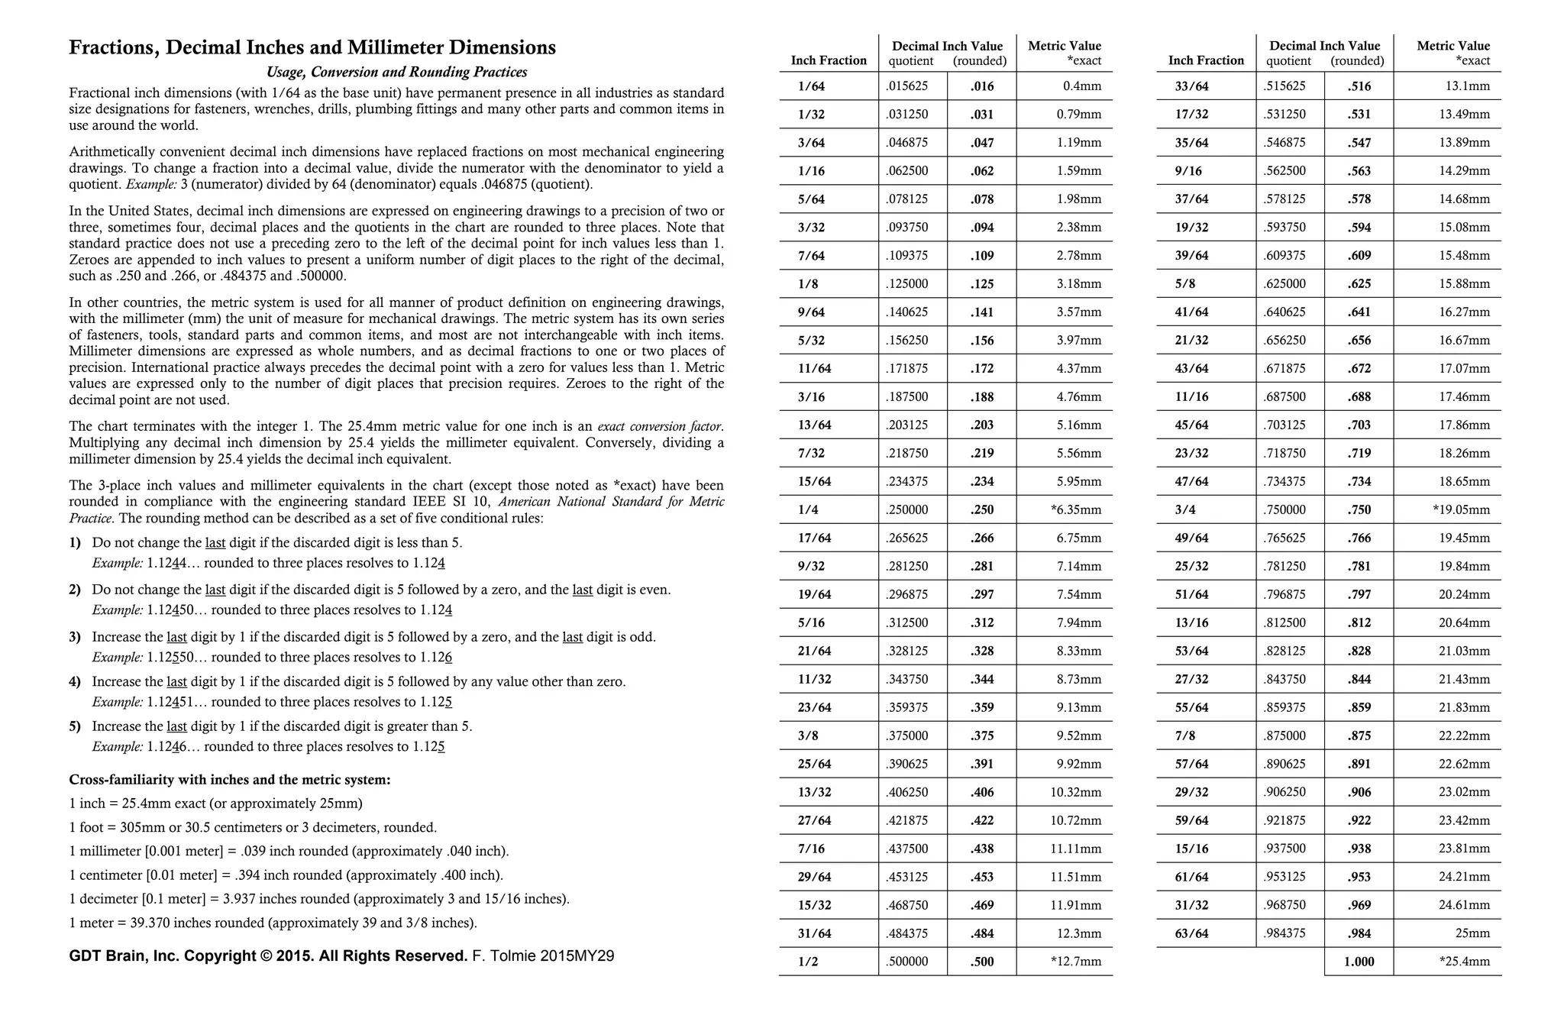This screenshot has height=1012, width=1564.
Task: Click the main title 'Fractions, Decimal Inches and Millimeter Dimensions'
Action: [312, 47]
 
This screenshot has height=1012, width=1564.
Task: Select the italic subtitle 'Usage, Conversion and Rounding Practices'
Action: [396, 73]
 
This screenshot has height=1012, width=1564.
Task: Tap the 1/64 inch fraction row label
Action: [811, 86]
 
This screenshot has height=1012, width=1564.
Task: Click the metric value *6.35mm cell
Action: [1075, 509]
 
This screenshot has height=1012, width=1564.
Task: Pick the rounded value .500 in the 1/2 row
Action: [982, 962]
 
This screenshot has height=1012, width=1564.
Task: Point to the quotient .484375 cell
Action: [907, 933]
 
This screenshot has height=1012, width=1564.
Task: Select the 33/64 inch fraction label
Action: [1191, 86]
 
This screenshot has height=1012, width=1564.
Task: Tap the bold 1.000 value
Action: [1359, 962]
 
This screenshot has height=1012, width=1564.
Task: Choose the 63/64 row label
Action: [1191, 933]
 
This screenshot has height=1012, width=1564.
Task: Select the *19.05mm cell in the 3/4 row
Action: [1461, 509]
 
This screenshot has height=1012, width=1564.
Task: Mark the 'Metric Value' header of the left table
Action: [1064, 46]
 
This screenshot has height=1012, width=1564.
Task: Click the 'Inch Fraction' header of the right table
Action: [1206, 60]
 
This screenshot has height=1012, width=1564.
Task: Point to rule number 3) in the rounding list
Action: [75, 637]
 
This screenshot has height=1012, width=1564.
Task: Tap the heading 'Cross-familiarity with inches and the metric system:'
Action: [230, 780]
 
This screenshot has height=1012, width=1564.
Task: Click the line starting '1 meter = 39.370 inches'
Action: [273, 923]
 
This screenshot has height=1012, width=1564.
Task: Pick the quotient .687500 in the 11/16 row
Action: [1285, 396]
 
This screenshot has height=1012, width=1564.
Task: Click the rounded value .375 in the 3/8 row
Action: [982, 736]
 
